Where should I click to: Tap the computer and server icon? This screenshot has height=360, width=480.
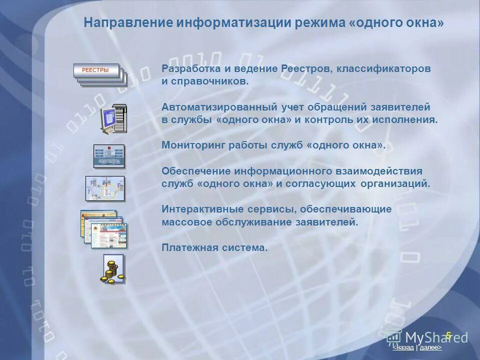coord(113,119)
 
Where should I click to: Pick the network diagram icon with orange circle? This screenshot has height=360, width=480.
coord(105,189)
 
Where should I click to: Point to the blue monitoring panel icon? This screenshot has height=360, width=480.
coord(109,156)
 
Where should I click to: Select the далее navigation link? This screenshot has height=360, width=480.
coord(430,347)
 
